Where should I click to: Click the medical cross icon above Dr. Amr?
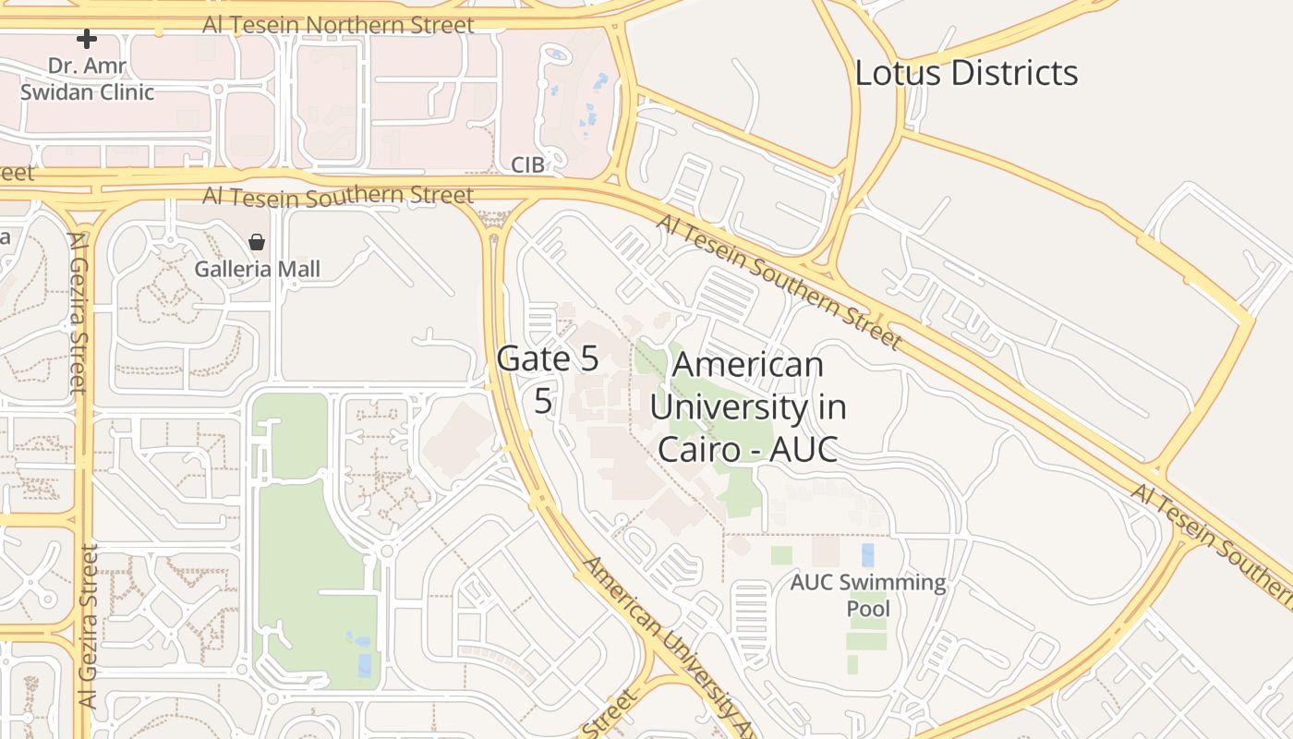[x=86, y=39]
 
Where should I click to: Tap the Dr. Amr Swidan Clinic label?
[x=87, y=79]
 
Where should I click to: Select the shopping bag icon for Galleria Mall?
[x=257, y=242]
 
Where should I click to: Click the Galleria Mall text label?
[x=257, y=269]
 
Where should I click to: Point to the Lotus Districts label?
[x=966, y=73]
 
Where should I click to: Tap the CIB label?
[x=528, y=164]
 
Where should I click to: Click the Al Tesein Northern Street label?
[x=338, y=24]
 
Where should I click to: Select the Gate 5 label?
[x=548, y=359]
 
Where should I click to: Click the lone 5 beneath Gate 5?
[x=544, y=401]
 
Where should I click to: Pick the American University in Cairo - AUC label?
[x=747, y=406]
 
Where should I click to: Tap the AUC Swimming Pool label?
[x=868, y=596]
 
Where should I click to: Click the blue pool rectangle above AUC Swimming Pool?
[x=867, y=555]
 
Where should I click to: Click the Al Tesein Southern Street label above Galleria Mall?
[x=338, y=195]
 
